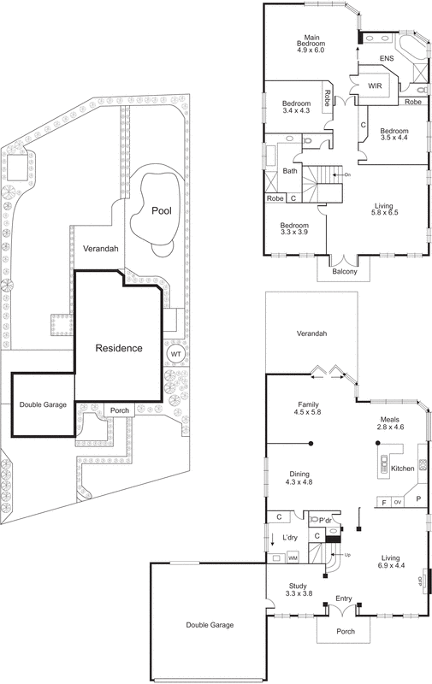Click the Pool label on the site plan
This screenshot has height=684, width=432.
coord(159,210)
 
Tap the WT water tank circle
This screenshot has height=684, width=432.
coord(175,354)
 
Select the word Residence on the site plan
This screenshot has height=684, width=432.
coord(118,348)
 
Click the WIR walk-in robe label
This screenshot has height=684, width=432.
coord(374,86)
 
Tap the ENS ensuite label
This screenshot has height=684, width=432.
coord(387,58)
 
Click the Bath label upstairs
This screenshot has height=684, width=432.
coord(289,171)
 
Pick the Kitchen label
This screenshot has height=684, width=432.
coord(402,469)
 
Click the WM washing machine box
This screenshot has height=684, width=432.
coord(292,557)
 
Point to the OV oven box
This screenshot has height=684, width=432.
coord(397,503)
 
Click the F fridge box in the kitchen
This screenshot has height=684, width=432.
coord(384,503)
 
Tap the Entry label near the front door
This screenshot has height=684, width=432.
coord(344,598)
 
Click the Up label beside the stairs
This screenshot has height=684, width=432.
coord(347,554)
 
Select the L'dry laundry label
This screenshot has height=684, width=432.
coord(288,538)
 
